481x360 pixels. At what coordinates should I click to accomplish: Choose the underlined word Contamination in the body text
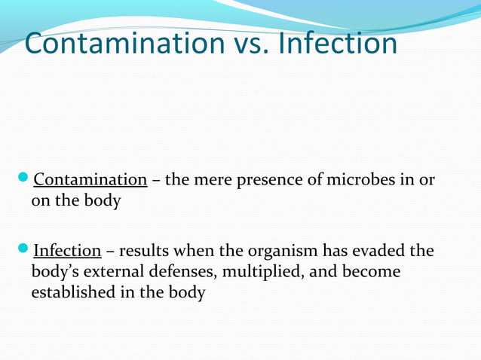90,181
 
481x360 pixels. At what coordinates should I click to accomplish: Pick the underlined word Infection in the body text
67,250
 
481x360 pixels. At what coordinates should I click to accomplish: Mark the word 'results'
144,250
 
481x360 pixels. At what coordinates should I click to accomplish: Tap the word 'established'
74,292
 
